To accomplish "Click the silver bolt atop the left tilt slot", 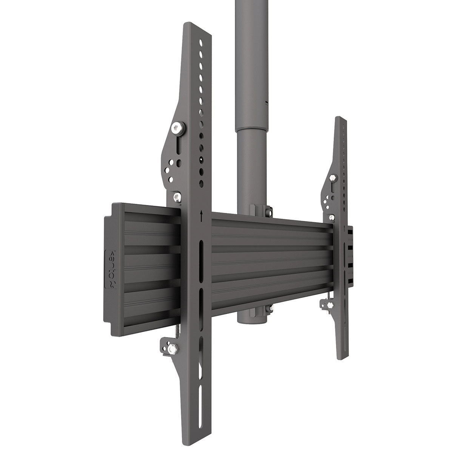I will [177, 129].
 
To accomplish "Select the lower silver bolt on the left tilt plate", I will [177, 197].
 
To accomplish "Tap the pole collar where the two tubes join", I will [248, 130].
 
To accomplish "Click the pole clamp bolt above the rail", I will [268, 212].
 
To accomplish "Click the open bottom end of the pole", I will [248, 321].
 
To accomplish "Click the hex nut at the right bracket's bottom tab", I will [330, 304].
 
